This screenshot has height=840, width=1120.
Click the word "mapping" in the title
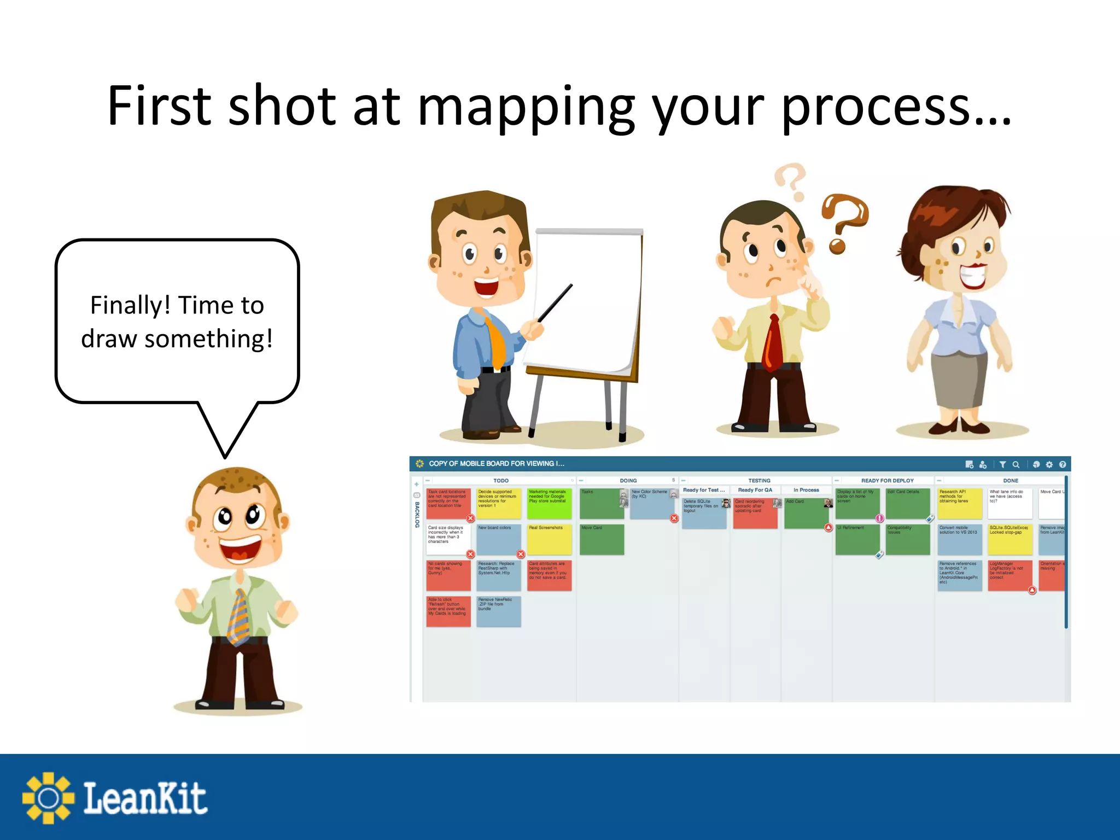pyautogui.click(x=525, y=107)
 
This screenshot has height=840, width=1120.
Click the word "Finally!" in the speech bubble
pyautogui.click(x=130, y=305)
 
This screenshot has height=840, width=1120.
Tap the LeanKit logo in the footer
pyautogui.click(x=115, y=797)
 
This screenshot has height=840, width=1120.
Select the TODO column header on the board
pyautogui.click(x=500, y=481)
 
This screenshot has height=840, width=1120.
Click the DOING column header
pyautogui.click(x=628, y=481)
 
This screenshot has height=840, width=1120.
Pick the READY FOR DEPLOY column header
pyautogui.click(x=887, y=481)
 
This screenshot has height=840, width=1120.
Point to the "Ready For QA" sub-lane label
pyautogui.click(x=755, y=490)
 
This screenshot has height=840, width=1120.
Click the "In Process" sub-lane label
pyautogui.click(x=806, y=490)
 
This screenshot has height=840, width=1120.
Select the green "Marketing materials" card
pyautogui.click(x=549, y=503)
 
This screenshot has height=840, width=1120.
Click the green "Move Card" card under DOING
pyautogui.click(x=602, y=539)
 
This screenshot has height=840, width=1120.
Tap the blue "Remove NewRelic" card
pyautogui.click(x=498, y=611)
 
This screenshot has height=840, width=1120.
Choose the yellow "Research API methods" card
pyautogui.click(x=959, y=503)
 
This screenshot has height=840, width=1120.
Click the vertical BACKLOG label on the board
pyautogui.click(x=417, y=515)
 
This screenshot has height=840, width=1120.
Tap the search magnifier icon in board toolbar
pyautogui.click(x=1016, y=464)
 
